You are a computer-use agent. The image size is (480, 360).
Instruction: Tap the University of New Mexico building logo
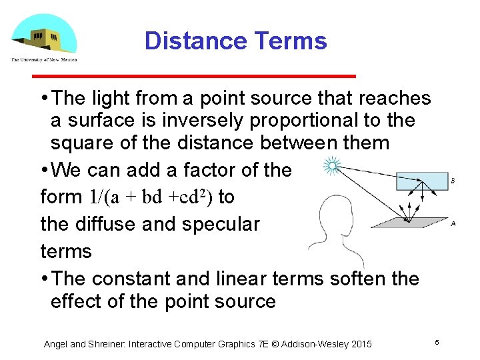tap(44, 37)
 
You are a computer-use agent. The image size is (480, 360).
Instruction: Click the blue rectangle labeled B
tap(422, 181)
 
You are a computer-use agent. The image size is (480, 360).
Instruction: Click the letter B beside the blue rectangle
tap(453, 181)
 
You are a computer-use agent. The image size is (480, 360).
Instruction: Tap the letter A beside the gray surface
tap(453, 224)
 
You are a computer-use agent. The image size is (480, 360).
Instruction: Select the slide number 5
tap(437, 342)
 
